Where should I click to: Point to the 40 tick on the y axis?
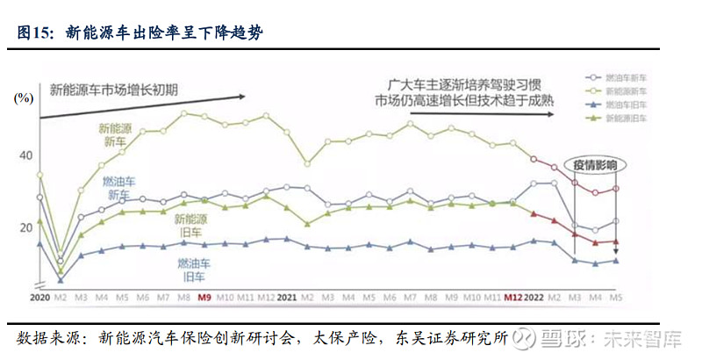coord(25,156)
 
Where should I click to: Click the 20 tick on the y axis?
coord(25,228)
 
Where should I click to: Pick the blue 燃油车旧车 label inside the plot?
coord(185,269)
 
